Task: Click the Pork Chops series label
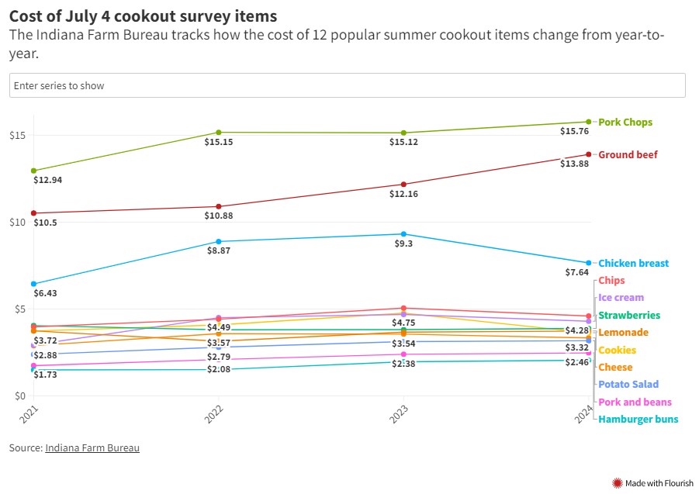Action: click(625, 122)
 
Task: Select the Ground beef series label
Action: click(628, 154)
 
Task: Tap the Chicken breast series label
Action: click(633, 263)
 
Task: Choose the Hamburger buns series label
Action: click(638, 419)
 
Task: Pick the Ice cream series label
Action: click(621, 297)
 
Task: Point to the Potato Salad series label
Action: click(628, 384)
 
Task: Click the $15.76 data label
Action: click(574, 131)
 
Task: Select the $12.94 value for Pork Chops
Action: click(47, 180)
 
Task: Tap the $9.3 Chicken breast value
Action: click(404, 244)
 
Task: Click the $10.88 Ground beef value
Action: click(219, 216)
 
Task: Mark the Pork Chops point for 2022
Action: click(219, 133)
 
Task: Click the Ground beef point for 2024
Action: click(589, 154)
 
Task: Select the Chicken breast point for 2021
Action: click(33, 284)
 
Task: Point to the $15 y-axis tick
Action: click(19, 136)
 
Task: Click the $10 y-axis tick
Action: click(19, 223)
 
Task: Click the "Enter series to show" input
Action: click(347, 85)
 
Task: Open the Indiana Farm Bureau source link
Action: click(92, 447)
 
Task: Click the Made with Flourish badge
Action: click(653, 483)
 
